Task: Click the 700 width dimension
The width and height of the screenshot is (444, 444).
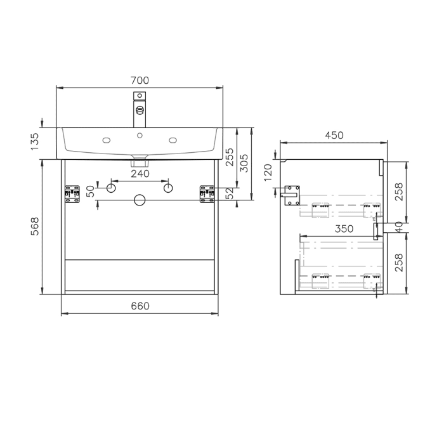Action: tap(140, 81)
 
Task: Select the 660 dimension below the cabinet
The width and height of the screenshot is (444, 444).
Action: tap(140, 306)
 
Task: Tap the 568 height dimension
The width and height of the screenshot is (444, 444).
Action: tap(36, 226)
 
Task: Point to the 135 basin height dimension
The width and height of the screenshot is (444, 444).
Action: tap(36, 138)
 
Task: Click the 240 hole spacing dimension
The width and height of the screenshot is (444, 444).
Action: tap(140, 173)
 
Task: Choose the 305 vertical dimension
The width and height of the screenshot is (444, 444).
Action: tap(245, 166)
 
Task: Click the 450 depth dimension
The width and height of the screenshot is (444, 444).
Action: tap(334, 135)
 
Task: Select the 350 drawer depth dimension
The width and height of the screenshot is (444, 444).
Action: tap(344, 230)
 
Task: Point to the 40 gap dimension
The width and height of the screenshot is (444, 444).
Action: tap(398, 225)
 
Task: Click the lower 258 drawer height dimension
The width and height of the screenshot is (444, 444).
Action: tap(398, 262)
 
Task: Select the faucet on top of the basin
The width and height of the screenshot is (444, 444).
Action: tap(140, 109)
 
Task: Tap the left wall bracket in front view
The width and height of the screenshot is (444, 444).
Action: tap(71, 195)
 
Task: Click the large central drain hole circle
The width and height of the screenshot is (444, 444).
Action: tap(140, 200)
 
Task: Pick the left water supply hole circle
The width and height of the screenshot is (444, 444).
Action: tap(111, 188)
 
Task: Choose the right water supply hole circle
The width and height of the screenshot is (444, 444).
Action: tap(168, 188)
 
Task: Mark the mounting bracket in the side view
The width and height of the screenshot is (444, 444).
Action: tap(292, 195)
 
